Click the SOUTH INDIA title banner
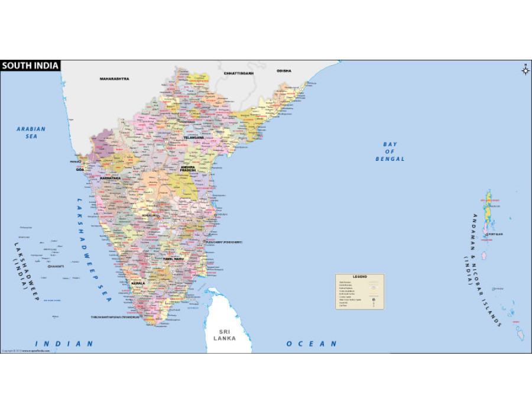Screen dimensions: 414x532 tap(30, 66)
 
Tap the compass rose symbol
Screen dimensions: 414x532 tap(525, 71)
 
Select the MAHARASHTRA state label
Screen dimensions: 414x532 tap(114, 79)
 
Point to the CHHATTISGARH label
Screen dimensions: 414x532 tap(238, 73)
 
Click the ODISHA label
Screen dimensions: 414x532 tap(284, 71)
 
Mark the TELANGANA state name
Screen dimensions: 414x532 tap(193, 137)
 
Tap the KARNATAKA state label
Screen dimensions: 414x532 tap(110, 177)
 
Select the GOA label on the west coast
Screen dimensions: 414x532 tap(80, 169)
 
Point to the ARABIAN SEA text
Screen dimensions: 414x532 tap(31, 132)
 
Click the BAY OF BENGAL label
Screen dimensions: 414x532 tap(390, 151)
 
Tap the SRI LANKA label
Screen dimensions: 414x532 tap(225, 335)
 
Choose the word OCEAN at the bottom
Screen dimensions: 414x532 tap(312, 344)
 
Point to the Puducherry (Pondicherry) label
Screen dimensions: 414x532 tap(224, 242)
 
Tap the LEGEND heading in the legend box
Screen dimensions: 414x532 tap(360, 277)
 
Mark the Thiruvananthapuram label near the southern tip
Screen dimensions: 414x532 tap(115, 317)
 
